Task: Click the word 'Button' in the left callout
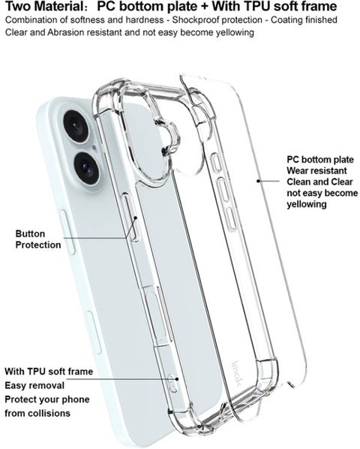click(x=30, y=234)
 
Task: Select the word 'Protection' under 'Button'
click(x=38, y=245)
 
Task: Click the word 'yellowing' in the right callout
click(x=307, y=205)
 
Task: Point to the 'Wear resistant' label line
click(x=316, y=171)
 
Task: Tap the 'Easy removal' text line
click(x=34, y=385)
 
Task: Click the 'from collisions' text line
click(x=37, y=413)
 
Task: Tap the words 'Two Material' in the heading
click(x=42, y=6)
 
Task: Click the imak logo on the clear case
click(x=237, y=373)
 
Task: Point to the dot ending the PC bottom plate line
click(x=258, y=181)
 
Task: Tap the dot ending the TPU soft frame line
click(x=177, y=379)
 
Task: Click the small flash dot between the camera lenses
click(x=94, y=148)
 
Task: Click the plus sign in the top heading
click(x=204, y=7)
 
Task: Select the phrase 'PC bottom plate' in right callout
click(x=320, y=160)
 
